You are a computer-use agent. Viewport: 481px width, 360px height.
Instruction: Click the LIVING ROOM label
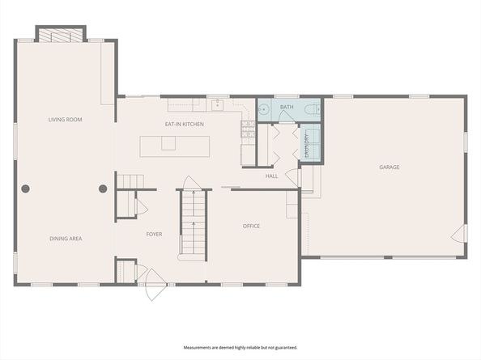tap(66, 120)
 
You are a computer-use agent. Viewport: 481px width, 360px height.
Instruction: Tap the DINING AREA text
tap(66, 239)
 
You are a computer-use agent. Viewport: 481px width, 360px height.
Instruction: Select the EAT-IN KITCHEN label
tap(185, 124)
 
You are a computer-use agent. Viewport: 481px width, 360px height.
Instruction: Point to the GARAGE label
tap(389, 167)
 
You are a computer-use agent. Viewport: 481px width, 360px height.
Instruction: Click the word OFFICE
tap(252, 226)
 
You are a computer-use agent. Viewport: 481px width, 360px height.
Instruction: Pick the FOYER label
tap(154, 235)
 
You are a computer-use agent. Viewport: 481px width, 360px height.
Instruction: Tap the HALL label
tap(272, 176)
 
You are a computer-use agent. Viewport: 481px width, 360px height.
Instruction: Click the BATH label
tap(287, 107)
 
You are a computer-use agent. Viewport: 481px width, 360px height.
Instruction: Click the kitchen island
tap(175, 146)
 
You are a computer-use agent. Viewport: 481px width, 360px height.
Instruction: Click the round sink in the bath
tap(265, 109)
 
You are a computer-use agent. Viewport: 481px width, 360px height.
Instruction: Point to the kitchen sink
tap(217, 104)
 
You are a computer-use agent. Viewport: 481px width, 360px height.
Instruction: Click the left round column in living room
tap(26, 188)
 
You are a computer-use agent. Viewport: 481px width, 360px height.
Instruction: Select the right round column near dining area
tap(103, 188)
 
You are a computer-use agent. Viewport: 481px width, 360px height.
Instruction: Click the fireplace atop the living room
tap(61, 35)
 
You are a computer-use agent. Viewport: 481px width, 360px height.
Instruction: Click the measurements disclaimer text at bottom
tap(240, 347)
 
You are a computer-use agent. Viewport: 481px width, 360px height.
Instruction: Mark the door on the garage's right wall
tap(460, 234)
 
